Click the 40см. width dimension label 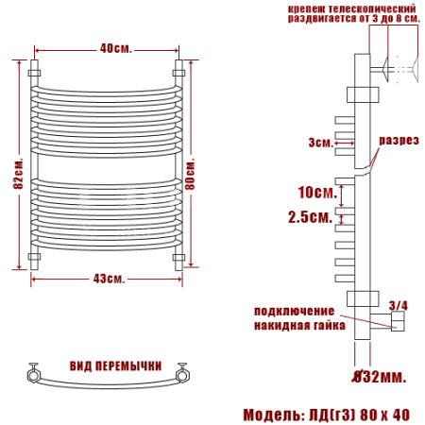coord(115,49)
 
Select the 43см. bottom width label coord(109,279)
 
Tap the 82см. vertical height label coord(18,173)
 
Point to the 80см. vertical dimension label coord(190,174)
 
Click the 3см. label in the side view coord(321,143)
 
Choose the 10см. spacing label coord(317,193)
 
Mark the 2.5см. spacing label coord(311,217)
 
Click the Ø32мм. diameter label coord(379,377)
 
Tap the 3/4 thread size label coord(399,306)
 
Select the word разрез coord(399,141)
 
